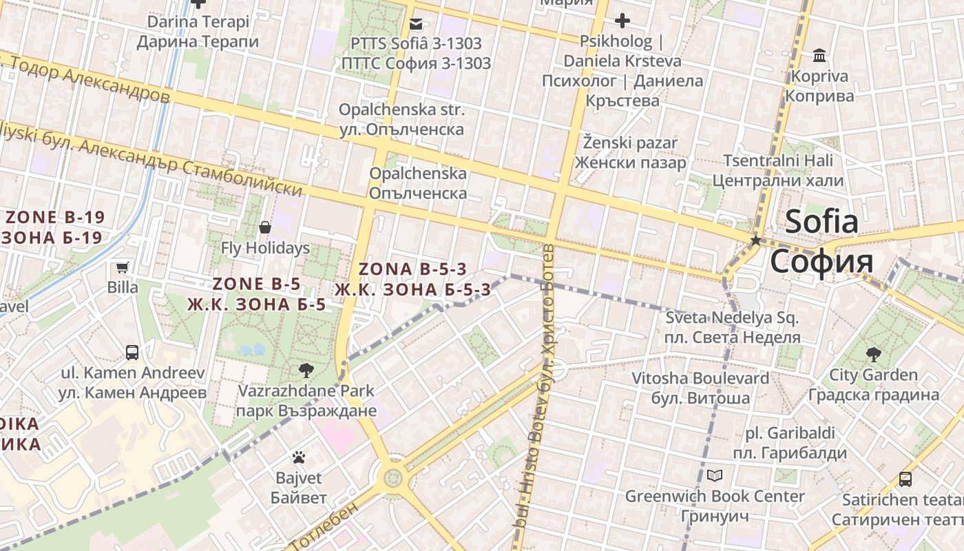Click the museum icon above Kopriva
pyautogui.click(x=819, y=55)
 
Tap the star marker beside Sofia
pyautogui.click(x=755, y=240)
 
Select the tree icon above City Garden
pyautogui.click(x=873, y=355)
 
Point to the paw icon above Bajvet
pyautogui.click(x=298, y=457)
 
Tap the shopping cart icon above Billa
pyautogui.click(x=123, y=267)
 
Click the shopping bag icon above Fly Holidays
pyautogui.click(x=265, y=227)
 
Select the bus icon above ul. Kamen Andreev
pyautogui.click(x=132, y=353)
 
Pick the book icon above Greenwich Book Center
pyautogui.click(x=715, y=475)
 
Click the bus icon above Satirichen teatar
pyautogui.click(x=905, y=479)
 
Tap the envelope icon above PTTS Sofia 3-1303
pyautogui.click(x=416, y=24)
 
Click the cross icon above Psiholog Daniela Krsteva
pyautogui.click(x=622, y=21)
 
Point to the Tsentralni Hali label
pyautogui.click(x=777, y=171)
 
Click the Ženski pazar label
pyautogui.click(x=630, y=153)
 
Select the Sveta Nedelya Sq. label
pyautogui.click(x=732, y=328)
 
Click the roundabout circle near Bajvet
pyautogui.click(x=393, y=476)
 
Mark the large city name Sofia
pyautogui.click(x=821, y=241)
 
